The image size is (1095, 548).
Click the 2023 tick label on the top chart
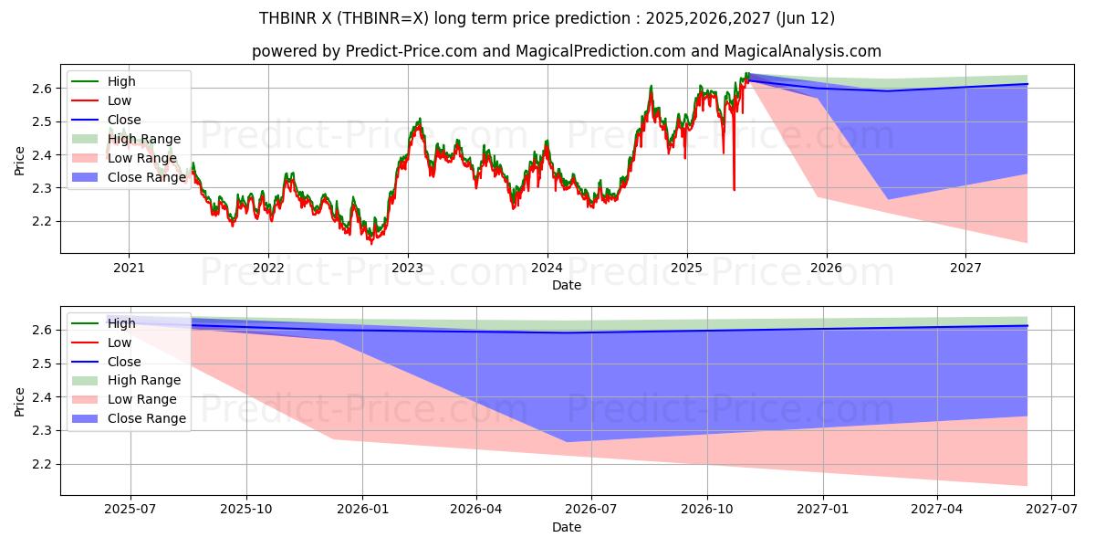click(407, 268)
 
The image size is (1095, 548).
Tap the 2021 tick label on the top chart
click(129, 268)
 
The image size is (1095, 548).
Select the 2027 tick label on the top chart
click(965, 268)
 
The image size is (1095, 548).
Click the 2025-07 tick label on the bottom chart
click(130, 510)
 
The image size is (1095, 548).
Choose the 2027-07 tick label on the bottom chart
click(1051, 510)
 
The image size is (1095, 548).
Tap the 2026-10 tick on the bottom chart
click(708, 510)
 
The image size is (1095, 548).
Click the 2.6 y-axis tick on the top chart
click(44, 89)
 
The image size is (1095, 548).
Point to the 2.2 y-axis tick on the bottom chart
click(44, 465)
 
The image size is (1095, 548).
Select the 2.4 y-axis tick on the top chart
click(44, 155)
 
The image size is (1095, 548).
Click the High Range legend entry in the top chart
click(144, 139)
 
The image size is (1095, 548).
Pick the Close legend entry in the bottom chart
click(124, 362)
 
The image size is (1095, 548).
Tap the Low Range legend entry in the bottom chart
click(142, 399)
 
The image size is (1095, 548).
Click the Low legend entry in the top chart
click(120, 100)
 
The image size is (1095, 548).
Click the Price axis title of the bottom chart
click(20, 400)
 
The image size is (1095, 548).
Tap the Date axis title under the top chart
click(566, 285)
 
